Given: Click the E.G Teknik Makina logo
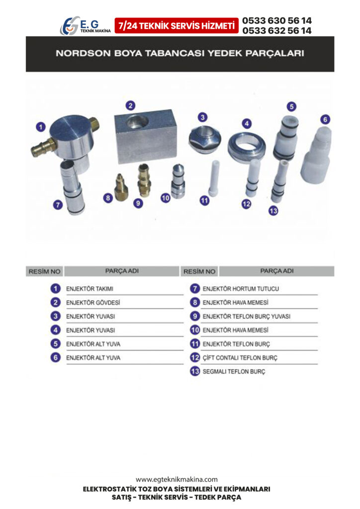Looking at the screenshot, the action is point(86,26).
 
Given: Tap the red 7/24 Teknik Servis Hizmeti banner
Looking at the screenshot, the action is point(176,26).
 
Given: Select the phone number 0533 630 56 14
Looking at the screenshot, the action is point(276,20).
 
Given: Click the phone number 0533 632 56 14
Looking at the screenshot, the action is point(276,30).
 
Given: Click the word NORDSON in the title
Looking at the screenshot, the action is point(83,53).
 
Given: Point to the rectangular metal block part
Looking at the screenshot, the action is point(146,136).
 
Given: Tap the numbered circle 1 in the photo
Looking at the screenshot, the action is point(41,127).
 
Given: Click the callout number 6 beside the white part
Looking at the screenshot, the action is point(325,119).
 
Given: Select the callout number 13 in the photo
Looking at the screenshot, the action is point(273,211).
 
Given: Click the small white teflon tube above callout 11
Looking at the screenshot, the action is point(214,178).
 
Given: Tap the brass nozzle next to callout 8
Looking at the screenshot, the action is point(121,187).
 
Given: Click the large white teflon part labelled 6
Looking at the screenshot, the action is point(316,155).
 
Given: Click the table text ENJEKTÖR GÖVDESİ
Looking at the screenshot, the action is point(93,303).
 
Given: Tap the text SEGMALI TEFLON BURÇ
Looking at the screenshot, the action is point(234,372).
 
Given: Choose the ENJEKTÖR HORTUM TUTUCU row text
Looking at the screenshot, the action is point(241,289).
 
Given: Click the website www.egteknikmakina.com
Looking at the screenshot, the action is point(177,480).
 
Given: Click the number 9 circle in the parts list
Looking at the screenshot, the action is point(195,316).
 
